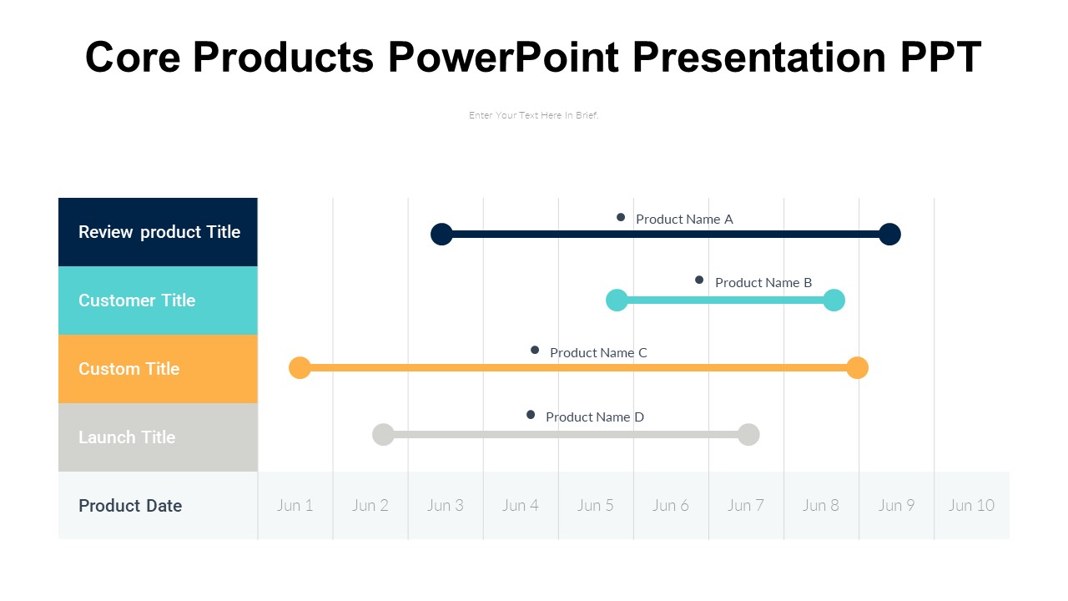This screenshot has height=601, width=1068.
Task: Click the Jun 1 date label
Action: [x=295, y=505]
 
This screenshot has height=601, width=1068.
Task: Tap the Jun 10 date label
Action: [x=971, y=505]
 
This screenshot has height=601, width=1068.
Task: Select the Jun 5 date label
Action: [x=596, y=505]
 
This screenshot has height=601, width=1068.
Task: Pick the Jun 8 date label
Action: [x=821, y=505]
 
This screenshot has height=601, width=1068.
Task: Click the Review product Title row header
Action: [x=159, y=232]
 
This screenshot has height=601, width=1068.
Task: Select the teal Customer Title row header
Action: [x=159, y=300]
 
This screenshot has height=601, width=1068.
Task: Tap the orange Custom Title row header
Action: [x=159, y=369]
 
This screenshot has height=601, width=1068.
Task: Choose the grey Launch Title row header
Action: [x=159, y=437]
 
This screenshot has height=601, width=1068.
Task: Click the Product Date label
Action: [x=130, y=506]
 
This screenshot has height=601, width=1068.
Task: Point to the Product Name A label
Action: [x=684, y=220]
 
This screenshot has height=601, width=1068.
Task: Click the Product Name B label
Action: [x=763, y=283]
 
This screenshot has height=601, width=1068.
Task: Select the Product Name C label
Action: [x=598, y=353]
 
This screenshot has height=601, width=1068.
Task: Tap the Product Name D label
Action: [x=595, y=417]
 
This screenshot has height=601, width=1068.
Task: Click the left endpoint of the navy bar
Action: [x=441, y=235]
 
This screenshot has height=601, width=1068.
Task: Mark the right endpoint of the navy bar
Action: [x=889, y=235]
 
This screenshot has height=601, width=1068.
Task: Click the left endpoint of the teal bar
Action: [x=617, y=300]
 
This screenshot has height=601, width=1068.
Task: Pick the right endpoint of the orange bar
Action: [x=857, y=367]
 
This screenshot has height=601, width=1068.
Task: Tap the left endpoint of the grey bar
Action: [x=383, y=434]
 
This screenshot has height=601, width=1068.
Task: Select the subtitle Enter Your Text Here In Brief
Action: [x=534, y=115]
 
